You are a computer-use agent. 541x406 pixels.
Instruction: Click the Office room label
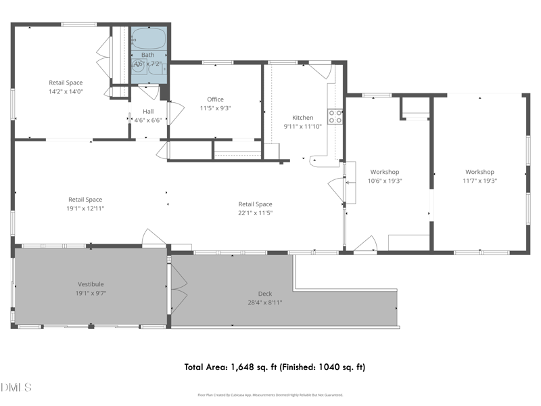click(x=215, y=99)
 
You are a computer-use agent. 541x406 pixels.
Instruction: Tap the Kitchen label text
click(x=302, y=118)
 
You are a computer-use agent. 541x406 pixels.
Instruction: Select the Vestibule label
click(x=91, y=284)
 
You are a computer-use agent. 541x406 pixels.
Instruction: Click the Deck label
click(x=265, y=294)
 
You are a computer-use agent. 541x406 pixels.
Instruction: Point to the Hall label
click(x=148, y=112)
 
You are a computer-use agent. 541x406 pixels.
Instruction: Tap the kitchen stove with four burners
click(x=335, y=116)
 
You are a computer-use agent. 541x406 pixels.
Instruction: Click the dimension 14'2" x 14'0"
click(x=66, y=91)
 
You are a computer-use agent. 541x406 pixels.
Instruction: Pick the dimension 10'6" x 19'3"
click(x=384, y=181)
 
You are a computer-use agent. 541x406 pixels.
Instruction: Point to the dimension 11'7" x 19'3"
click(x=479, y=181)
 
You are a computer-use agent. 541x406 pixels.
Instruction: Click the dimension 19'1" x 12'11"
click(x=85, y=208)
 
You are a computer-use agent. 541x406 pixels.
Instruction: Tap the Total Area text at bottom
click(x=275, y=367)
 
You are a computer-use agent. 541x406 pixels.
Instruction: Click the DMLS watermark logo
click(x=17, y=388)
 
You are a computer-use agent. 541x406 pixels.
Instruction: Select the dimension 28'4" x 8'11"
click(x=265, y=302)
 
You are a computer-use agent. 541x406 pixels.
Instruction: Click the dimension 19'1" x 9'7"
click(x=91, y=293)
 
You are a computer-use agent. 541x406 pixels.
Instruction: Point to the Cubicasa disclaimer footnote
click(x=270, y=394)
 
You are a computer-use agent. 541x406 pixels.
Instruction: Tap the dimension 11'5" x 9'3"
click(x=215, y=108)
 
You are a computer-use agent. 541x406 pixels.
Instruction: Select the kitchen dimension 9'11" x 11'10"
click(x=302, y=127)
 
